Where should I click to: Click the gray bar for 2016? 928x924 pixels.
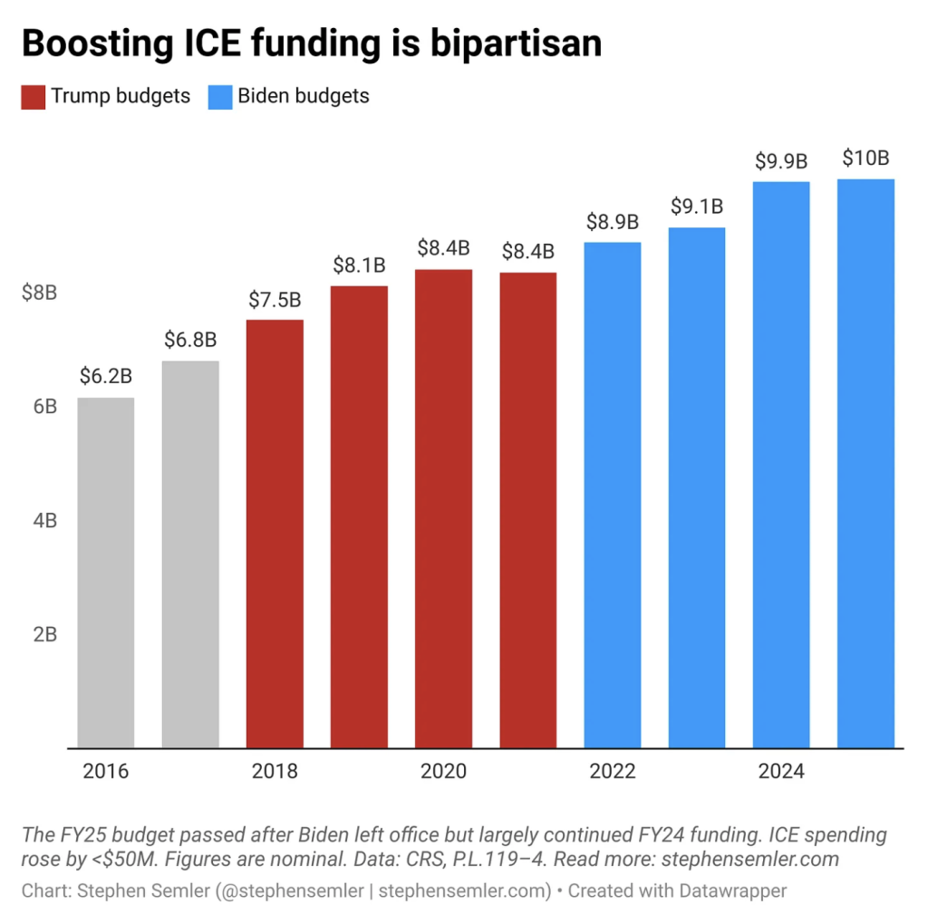coord(106,573)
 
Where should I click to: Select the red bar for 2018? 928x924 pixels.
coord(275,534)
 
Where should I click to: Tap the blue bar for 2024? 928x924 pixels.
coord(781,465)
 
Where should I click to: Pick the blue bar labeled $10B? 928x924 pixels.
coord(865,463)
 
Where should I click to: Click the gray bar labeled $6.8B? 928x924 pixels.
coord(190,554)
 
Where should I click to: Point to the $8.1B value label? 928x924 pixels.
coord(359,265)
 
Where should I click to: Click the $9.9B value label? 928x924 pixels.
coord(781,161)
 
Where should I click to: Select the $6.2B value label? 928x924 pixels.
coord(106,377)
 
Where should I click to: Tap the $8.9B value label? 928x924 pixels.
coord(613,221)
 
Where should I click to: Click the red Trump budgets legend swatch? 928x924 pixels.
coord(32,96)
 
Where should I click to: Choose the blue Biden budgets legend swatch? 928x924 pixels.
coord(220,96)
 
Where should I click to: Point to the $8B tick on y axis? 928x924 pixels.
coord(39,293)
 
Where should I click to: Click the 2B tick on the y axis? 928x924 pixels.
coord(44,634)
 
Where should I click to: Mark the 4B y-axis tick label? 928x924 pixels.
coord(44,521)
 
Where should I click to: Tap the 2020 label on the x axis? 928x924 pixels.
coord(443,772)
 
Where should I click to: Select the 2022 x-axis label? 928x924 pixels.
coord(613,772)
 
